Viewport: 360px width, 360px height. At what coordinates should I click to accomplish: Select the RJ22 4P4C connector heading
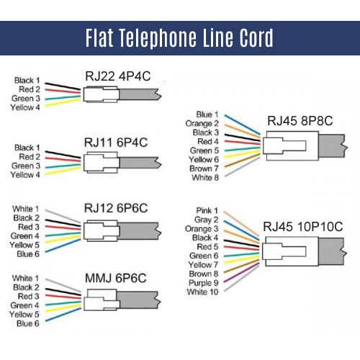[x=118, y=76]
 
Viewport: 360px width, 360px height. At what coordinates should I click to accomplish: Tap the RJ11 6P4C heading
[x=116, y=143]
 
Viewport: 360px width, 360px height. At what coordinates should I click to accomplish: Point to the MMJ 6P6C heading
[x=116, y=278]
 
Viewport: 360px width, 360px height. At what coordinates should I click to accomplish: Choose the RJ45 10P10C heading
[x=303, y=227]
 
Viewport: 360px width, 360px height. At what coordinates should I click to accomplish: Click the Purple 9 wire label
[x=204, y=283]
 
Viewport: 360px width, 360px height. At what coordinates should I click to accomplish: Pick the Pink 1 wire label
[x=207, y=210]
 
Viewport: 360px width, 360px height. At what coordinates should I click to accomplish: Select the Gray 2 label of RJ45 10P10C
[x=206, y=220]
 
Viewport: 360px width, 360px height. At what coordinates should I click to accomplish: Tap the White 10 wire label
[x=202, y=292]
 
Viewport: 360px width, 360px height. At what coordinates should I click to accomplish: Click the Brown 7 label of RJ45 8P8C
[x=204, y=168]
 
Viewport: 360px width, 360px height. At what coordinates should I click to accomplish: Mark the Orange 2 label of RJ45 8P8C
[x=202, y=124]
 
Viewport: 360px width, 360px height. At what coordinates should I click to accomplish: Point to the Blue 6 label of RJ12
[x=28, y=254]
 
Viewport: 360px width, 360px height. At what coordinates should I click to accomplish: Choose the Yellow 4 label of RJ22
[x=25, y=107]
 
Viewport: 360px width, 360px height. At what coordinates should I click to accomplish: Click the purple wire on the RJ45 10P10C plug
[x=241, y=273]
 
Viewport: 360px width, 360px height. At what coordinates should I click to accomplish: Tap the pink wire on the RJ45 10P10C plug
[x=241, y=224]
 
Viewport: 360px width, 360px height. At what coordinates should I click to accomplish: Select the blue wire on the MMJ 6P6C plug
[x=63, y=315]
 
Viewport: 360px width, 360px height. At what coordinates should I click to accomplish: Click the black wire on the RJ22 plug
[x=63, y=86]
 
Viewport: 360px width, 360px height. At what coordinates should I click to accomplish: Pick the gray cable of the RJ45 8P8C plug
[x=333, y=146]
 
